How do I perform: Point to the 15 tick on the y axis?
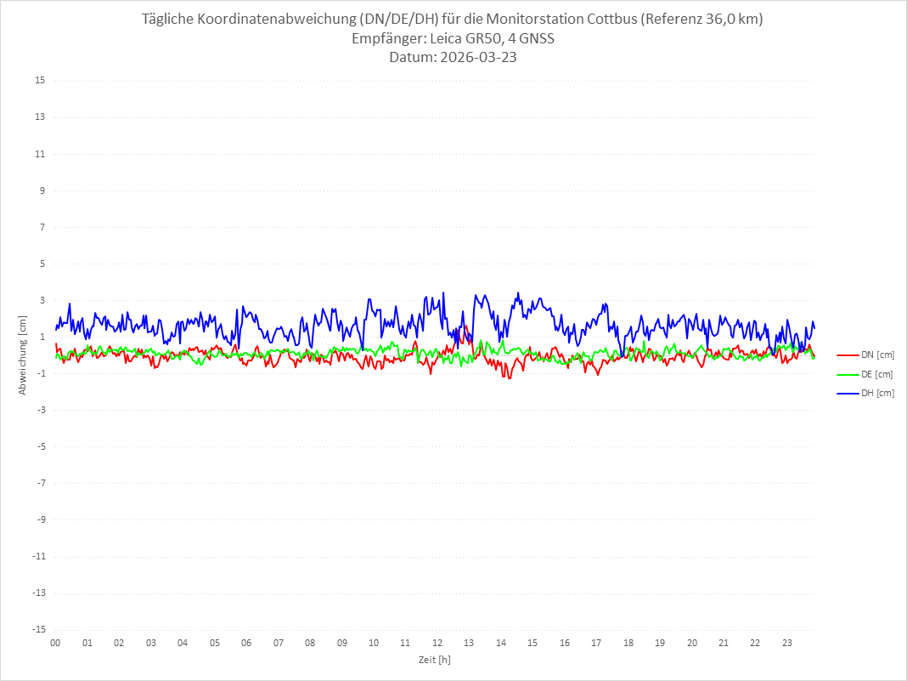(x=40, y=81)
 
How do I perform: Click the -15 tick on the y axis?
(x=38, y=629)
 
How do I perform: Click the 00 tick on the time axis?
(x=55, y=643)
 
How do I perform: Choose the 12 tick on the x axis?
(x=437, y=643)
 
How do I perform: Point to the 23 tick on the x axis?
(x=787, y=643)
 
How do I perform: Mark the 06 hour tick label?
(x=246, y=643)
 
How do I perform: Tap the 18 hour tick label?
(x=628, y=643)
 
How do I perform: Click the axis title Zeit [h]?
(x=434, y=660)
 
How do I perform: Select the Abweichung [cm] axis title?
(x=23, y=355)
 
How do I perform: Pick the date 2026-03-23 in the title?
(x=476, y=57)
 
